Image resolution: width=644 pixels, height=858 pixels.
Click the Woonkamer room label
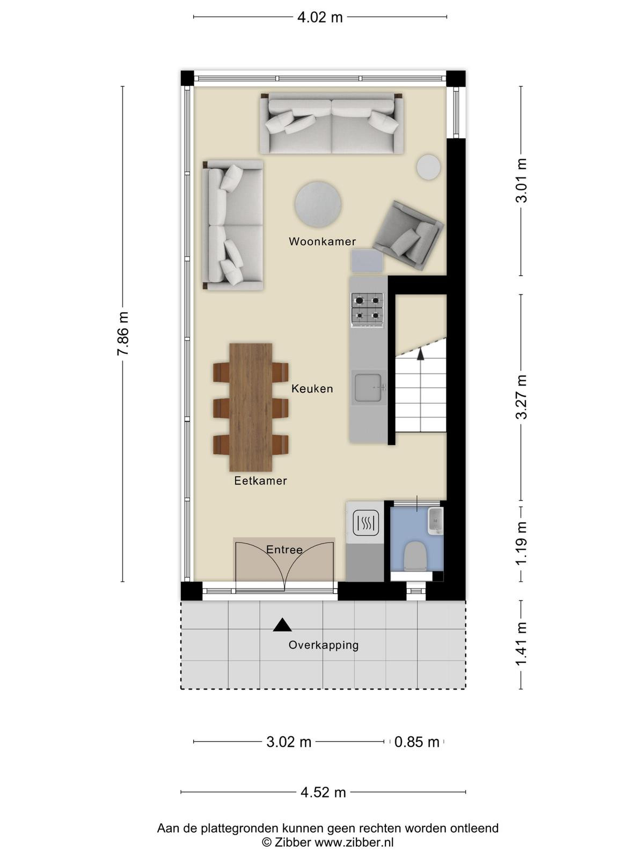point(322,241)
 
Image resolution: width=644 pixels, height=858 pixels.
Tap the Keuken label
point(312,389)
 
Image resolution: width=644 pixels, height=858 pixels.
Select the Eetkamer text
point(260,480)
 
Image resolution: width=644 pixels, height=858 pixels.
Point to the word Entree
point(284,550)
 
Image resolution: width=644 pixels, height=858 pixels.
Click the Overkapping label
point(324,645)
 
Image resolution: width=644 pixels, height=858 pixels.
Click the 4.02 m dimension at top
point(320,18)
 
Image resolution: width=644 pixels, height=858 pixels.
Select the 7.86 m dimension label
point(123,334)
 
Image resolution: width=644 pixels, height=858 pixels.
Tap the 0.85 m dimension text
point(416,742)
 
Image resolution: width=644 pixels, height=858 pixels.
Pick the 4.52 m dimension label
point(323,793)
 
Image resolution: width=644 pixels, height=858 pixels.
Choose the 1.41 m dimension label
point(521,644)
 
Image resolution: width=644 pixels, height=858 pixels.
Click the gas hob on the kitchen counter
point(367,309)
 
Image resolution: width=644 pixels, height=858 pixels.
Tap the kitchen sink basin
point(368,387)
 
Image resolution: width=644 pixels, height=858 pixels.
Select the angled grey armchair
point(408,235)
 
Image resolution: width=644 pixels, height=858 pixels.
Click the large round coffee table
point(318,204)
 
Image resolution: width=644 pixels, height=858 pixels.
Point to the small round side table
point(429,167)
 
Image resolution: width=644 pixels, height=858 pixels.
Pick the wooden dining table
point(251,408)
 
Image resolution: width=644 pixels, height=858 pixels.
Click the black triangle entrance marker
point(282,625)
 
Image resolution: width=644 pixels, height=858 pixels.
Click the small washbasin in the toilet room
point(435,521)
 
